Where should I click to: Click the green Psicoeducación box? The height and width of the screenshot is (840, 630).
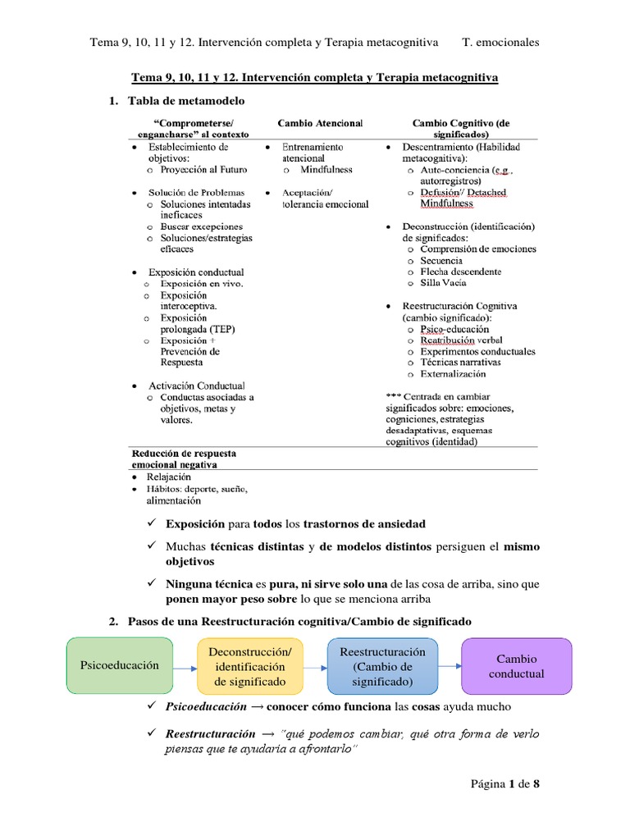(x=120, y=666)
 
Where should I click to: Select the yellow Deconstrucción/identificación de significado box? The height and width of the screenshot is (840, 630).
(x=249, y=666)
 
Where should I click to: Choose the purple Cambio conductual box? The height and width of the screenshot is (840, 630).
(x=517, y=666)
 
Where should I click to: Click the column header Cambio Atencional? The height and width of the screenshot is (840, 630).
(x=319, y=123)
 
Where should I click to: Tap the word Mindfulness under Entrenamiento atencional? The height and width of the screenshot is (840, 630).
(x=326, y=170)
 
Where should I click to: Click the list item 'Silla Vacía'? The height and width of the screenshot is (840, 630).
(x=443, y=283)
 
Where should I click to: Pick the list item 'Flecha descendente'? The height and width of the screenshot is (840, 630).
(x=460, y=272)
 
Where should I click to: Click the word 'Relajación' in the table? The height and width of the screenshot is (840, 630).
(x=169, y=477)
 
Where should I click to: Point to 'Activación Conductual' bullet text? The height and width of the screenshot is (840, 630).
(x=197, y=386)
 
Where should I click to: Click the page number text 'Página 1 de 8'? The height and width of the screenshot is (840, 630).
(x=504, y=783)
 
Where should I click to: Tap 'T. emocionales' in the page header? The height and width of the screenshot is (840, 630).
(x=500, y=43)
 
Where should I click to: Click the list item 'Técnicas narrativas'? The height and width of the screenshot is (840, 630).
(x=460, y=363)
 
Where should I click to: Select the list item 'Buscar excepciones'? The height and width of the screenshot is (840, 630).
(x=202, y=226)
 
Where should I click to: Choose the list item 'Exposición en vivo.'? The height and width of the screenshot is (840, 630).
(x=202, y=284)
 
